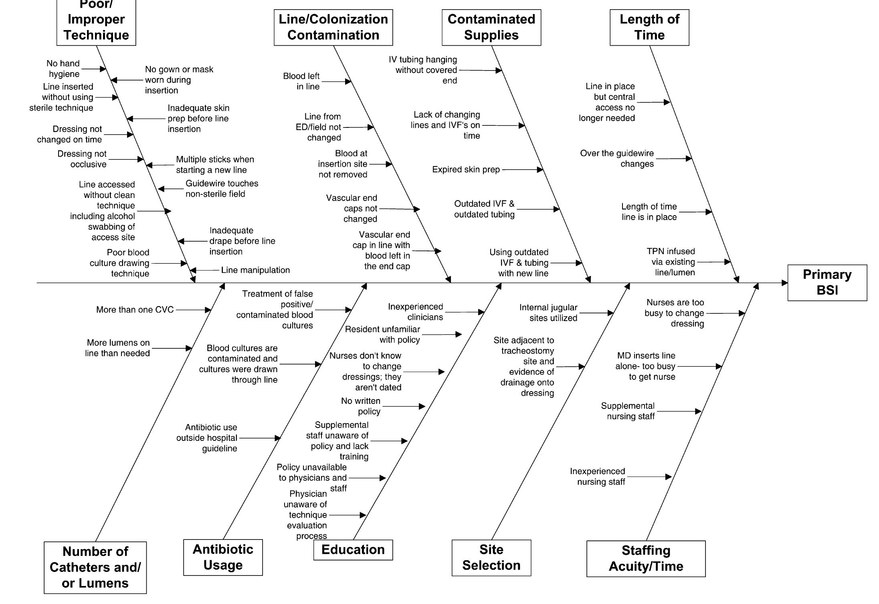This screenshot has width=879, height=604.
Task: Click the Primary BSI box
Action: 827,283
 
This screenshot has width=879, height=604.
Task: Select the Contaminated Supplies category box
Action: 491,27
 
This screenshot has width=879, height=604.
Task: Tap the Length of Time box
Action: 649,27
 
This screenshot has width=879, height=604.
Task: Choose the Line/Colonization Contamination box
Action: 333,27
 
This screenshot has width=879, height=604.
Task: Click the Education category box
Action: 353,549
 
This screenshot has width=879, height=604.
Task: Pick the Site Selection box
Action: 491,558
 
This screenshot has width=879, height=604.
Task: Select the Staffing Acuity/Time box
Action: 646,558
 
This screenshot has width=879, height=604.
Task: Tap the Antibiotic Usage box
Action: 223,557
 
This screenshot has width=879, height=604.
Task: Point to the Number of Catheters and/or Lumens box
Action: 95,567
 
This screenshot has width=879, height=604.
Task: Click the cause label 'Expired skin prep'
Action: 466,170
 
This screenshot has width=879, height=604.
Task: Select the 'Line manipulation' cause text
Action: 255,270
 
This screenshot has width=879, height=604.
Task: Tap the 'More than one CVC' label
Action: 135,310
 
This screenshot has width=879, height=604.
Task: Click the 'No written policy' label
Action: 361,406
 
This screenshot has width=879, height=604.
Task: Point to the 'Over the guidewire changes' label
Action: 617,159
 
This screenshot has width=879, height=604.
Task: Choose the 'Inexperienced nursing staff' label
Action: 597,477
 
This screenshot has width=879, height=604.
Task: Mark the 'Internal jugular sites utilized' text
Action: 548,313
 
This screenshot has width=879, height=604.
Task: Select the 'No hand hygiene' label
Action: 63,69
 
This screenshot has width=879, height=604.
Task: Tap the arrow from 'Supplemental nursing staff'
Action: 679,411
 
